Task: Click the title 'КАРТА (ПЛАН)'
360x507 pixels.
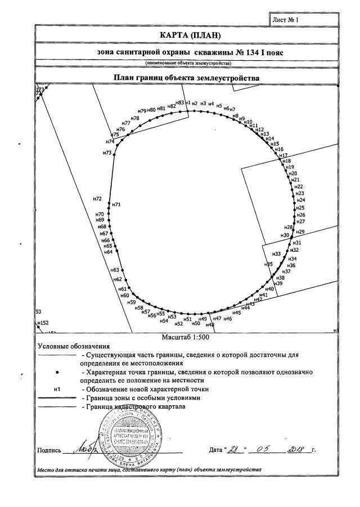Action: pos(187,36)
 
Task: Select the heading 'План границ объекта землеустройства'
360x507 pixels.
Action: pos(187,78)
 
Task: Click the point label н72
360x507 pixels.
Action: pos(97,199)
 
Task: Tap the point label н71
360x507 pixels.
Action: pos(117,205)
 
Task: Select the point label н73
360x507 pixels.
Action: pos(107,153)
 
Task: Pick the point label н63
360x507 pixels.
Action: pos(115,270)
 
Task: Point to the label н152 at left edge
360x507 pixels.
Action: pos(42,323)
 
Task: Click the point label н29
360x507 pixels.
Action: pos(300,232)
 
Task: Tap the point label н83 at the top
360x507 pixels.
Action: pos(180,103)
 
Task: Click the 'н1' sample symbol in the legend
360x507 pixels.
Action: pos(56,389)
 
